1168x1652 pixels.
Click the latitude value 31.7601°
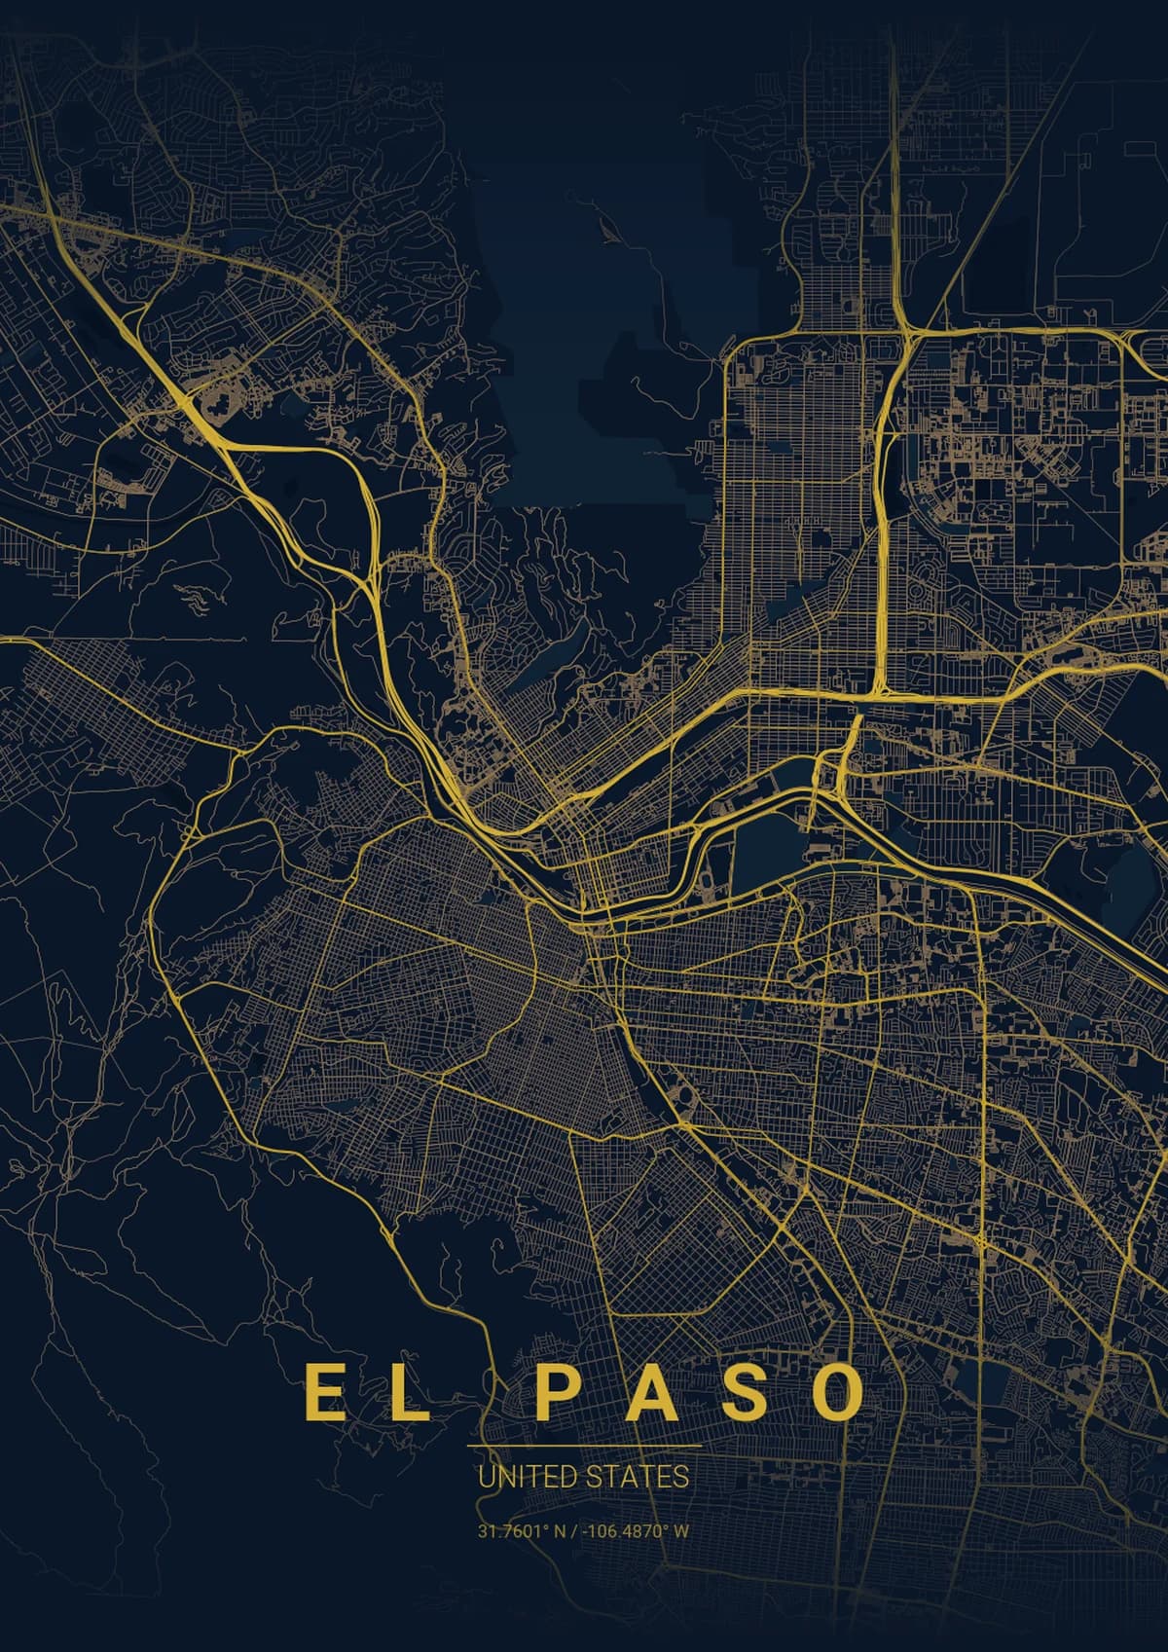pyautogui.click(x=514, y=1531)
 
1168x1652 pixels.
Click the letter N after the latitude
pyautogui.click(x=560, y=1531)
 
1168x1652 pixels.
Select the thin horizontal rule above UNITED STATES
pyautogui.click(x=584, y=1448)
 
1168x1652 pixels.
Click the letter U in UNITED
pyautogui.click(x=486, y=1477)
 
